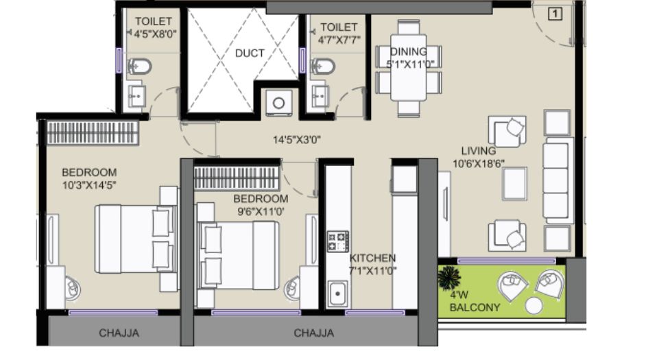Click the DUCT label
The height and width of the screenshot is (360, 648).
(x=250, y=53)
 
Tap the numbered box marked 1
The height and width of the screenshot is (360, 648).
(x=555, y=14)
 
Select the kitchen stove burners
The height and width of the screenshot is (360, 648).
(x=338, y=241)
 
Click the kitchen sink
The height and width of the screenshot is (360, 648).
(x=337, y=293)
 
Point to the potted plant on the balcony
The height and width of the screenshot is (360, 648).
(x=449, y=278)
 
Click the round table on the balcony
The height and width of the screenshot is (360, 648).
(x=533, y=306)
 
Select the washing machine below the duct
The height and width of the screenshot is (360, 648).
(x=278, y=102)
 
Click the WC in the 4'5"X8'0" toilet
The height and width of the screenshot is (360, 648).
(x=140, y=66)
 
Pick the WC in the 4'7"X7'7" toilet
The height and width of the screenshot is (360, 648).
(x=323, y=66)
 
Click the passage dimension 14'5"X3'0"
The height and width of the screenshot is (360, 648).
(x=297, y=140)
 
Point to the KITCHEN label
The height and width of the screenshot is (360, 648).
(x=373, y=259)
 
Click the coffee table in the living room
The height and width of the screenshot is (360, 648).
(x=514, y=184)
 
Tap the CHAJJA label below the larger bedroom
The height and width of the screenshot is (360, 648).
(x=119, y=333)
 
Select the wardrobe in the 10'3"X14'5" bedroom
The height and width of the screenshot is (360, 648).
(x=93, y=132)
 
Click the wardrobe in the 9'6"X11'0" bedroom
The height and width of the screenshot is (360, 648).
(x=237, y=178)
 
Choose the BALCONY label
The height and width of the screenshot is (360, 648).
(x=475, y=307)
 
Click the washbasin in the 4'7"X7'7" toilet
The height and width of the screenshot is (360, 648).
(x=320, y=97)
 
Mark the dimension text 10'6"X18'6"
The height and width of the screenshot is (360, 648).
(x=479, y=164)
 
